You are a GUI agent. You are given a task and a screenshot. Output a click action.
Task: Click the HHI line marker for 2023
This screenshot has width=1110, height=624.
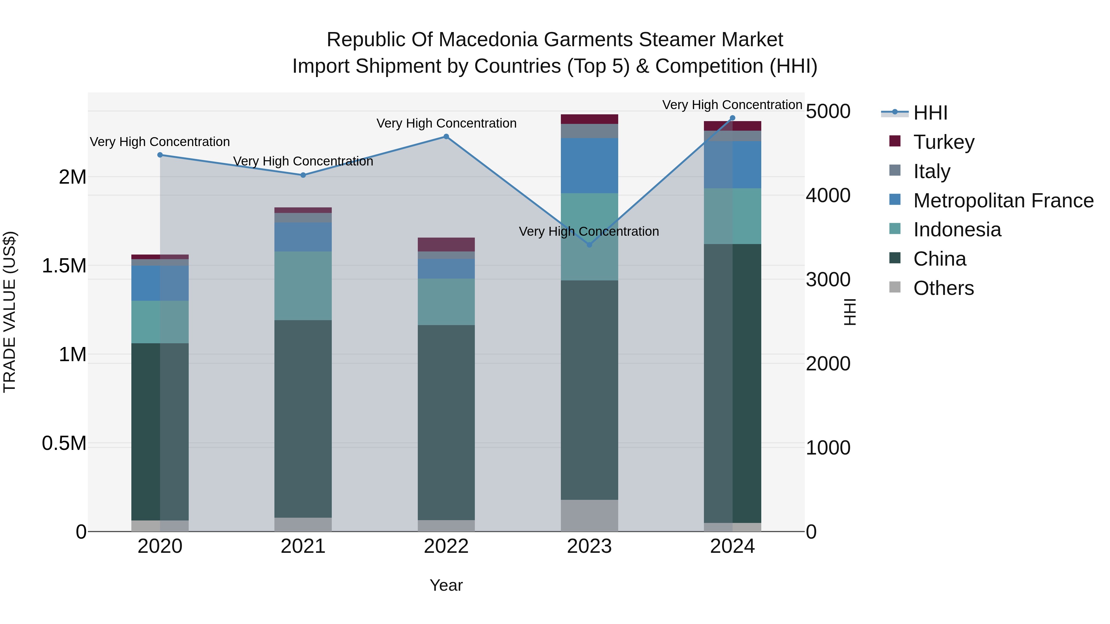[x=590, y=245]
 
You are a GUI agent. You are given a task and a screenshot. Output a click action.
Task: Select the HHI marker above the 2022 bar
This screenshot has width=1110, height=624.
[x=446, y=137]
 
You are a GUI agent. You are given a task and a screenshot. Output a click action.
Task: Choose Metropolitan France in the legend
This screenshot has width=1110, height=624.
[x=1003, y=201]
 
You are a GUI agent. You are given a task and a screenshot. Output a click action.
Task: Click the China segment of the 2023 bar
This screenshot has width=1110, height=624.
[x=590, y=390]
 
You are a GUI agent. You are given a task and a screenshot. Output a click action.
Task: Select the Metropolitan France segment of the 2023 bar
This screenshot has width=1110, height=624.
[x=590, y=165]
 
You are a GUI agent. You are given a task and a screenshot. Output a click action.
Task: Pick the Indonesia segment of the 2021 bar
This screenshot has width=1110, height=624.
[x=303, y=286]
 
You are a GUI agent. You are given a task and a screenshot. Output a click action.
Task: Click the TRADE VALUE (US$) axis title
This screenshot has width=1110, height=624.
[x=10, y=312]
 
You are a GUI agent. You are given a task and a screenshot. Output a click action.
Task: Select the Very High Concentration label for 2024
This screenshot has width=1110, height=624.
[x=732, y=105]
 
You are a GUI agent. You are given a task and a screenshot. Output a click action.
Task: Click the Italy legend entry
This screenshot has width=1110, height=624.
[x=931, y=171]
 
